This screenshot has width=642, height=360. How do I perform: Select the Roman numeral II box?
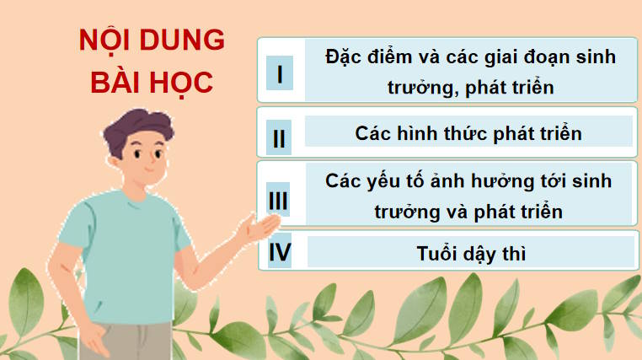click(279, 137)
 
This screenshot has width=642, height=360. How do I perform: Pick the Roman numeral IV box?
click(279, 252)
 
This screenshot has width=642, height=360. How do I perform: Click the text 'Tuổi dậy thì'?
click(471, 253)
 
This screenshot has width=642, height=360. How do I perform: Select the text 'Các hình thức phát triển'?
click(468, 133)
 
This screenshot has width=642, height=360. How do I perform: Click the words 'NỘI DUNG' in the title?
click(151, 42)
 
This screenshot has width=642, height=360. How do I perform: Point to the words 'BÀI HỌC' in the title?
click(151, 84)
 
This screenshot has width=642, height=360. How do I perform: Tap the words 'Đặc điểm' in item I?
click(357, 58)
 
